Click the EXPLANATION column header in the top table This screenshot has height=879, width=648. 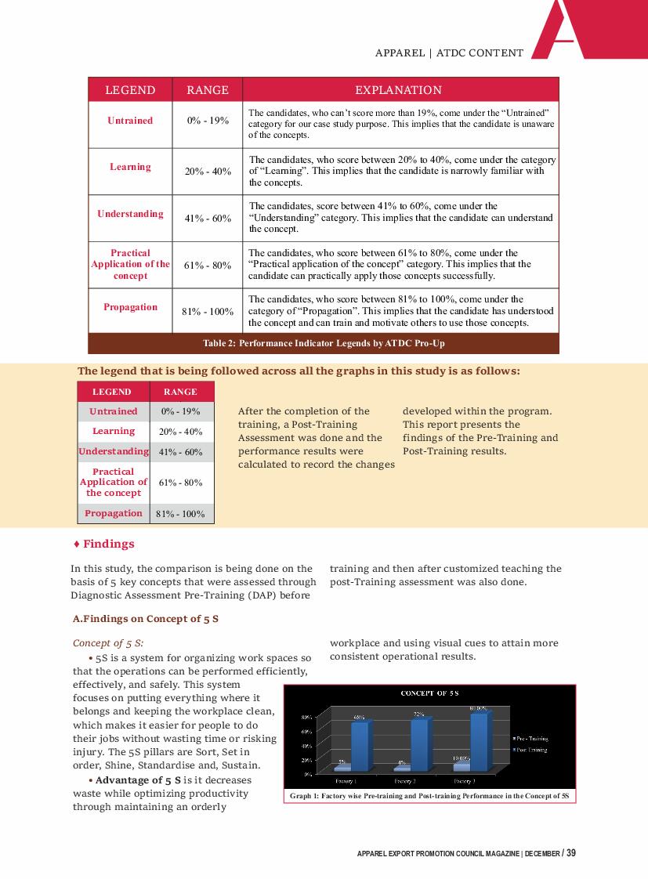coord(399,90)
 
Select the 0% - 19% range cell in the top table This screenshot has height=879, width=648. coord(208,121)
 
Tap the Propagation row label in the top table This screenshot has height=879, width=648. coord(131,307)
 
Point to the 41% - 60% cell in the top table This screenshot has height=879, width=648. coord(208,219)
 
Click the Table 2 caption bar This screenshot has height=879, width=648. coord(324,344)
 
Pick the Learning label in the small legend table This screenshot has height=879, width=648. coord(114,431)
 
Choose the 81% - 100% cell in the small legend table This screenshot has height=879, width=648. coord(180,514)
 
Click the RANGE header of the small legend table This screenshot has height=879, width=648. coord(180,392)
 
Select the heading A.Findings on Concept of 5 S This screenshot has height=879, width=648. coord(145,619)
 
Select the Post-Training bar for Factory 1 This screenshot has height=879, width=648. coord(360,745)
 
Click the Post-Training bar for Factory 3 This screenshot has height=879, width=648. coord(479,741)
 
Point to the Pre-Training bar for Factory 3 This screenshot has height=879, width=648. coord(462,767)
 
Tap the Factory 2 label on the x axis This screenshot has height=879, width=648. coord(404,781)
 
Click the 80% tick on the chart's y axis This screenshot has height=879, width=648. coord(307,716)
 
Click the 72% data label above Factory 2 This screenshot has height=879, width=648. coord(419,714)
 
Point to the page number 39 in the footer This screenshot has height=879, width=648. coord(571,853)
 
